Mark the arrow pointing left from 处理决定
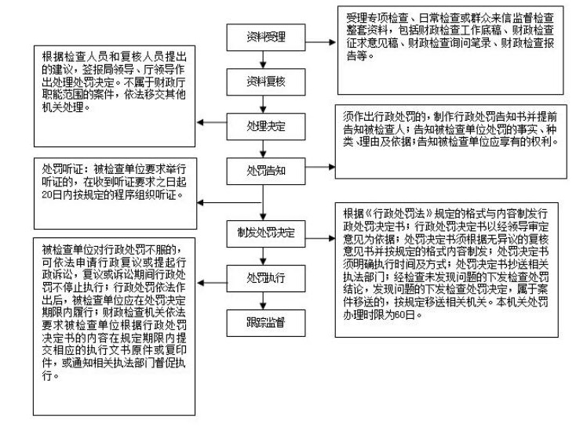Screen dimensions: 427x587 [212, 123]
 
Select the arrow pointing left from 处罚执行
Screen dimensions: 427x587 [212, 276]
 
